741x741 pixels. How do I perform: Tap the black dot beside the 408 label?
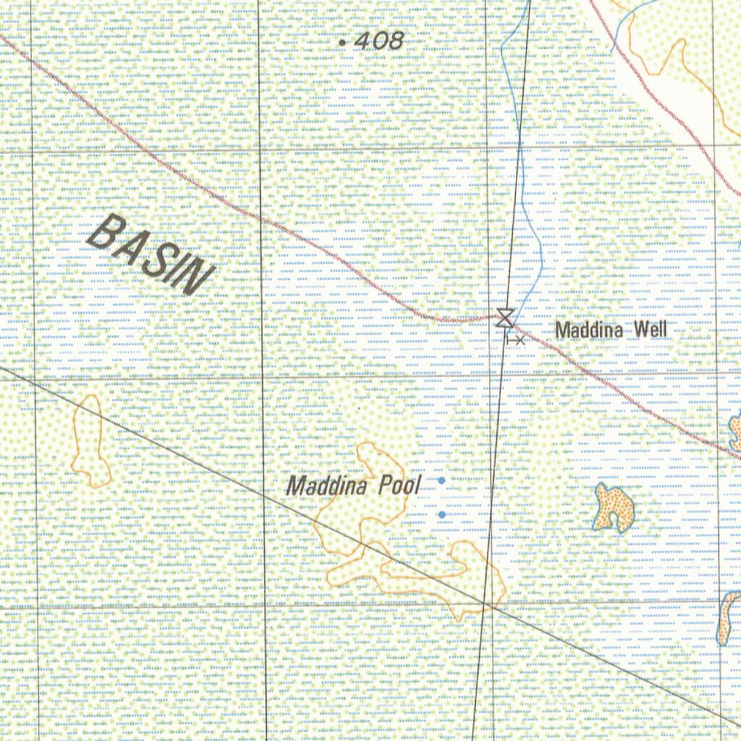[x=342, y=43]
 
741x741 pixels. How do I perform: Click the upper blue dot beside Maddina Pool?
[x=441, y=480]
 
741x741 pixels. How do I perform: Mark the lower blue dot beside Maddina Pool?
[x=441, y=515]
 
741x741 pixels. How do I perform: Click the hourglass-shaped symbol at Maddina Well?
[x=504, y=317]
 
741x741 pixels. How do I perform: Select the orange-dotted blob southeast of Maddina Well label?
[x=613, y=508]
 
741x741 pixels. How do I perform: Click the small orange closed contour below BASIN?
[x=90, y=441]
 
